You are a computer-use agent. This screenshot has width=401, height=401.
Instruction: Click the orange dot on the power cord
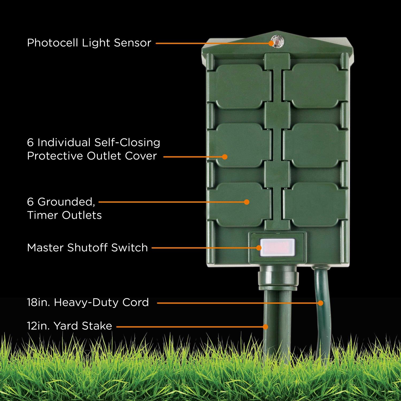click(321, 303)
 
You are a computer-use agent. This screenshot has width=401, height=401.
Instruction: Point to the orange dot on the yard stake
click(265, 326)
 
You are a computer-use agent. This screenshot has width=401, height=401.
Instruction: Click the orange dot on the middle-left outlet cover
click(225, 157)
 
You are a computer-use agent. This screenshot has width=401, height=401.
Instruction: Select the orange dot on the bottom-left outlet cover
click(247, 202)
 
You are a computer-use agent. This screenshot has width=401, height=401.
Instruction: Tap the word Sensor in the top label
click(133, 43)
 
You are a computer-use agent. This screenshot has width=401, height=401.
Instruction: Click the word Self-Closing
click(127, 142)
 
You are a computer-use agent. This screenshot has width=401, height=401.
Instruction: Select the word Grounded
click(66, 202)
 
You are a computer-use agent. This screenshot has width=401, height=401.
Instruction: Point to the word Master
click(45, 248)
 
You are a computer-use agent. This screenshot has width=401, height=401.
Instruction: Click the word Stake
click(97, 326)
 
